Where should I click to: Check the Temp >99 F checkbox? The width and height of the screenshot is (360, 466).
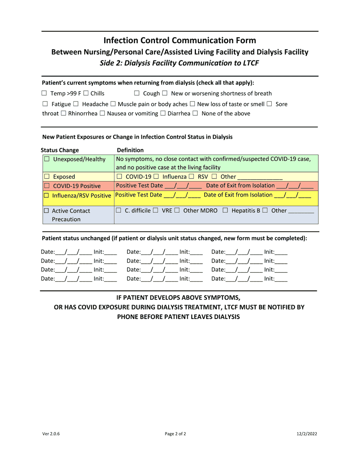(44, 94)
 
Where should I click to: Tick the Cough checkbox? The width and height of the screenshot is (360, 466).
(137, 94)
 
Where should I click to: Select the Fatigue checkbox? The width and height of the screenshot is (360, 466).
(45, 104)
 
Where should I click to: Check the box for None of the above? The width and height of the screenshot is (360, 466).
(195, 113)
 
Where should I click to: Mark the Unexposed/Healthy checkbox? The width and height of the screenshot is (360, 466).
(47, 159)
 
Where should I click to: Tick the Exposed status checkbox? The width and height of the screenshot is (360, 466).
(47, 177)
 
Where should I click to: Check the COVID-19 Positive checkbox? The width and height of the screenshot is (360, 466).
(47, 186)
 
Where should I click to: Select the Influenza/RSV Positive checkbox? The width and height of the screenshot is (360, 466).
(46, 196)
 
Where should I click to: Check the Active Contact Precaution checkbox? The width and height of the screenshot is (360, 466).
(46, 211)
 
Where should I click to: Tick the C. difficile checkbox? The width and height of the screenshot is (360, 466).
(119, 210)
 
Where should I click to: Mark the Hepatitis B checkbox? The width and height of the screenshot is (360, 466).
(225, 210)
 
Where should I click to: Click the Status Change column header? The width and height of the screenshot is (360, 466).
(60, 150)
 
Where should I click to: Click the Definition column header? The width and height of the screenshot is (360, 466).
(130, 150)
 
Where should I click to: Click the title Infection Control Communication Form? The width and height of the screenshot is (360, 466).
(180, 41)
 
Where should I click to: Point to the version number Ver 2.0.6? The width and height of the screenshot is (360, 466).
(51, 434)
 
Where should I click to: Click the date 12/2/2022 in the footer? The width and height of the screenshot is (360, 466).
(307, 434)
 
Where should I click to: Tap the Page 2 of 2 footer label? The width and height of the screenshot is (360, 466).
(175, 434)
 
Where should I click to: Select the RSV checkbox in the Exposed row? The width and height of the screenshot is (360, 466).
(191, 177)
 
